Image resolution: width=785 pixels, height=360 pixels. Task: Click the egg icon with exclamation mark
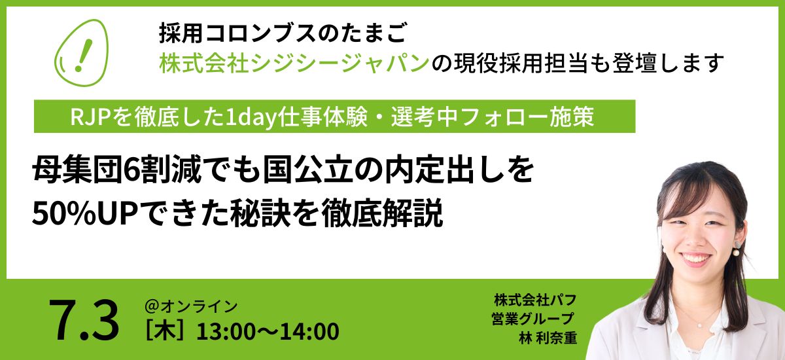[x=81, y=52]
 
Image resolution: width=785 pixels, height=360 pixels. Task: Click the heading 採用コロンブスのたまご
[x=283, y=33]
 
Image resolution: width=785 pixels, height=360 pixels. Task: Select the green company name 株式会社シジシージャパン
[x=294, y=63]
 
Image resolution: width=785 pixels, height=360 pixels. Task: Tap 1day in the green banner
[x=251, y=117]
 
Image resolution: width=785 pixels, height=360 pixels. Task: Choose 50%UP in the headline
[x=84, y=213]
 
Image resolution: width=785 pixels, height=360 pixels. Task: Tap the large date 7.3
[x=84, y=320]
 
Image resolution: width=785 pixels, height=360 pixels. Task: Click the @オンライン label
[x=191, y=306]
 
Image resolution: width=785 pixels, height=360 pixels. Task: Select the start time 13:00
[x=227, y=331]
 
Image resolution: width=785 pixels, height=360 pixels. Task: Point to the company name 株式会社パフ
[x=535, y=300]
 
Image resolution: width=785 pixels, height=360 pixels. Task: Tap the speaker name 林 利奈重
[x=548, y=338]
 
